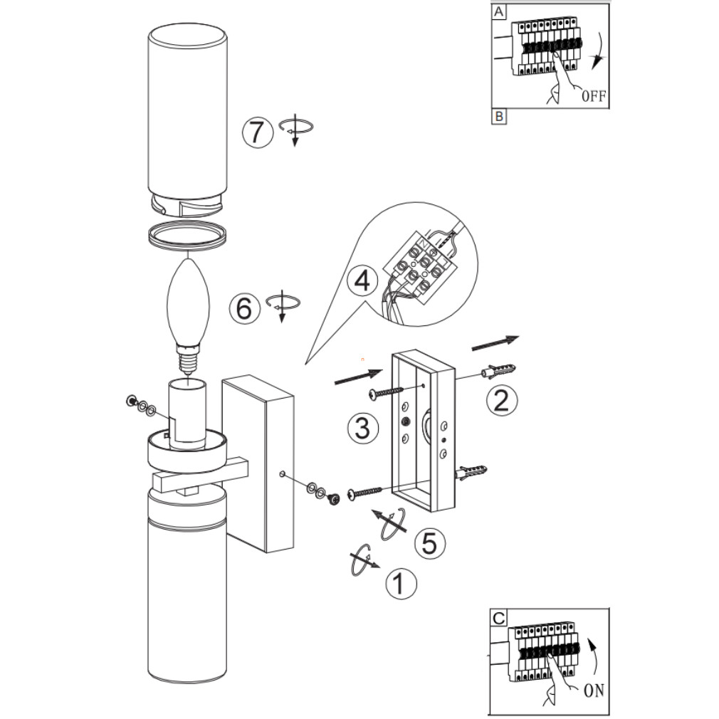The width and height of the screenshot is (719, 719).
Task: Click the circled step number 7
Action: coord(258,132)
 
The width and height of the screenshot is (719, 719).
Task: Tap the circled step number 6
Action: coord(244,308)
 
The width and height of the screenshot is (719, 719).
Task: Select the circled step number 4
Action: coord(363,280)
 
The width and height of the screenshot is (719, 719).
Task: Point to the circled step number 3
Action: coord(363,429)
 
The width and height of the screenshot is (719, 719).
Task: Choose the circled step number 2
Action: coord(502,400)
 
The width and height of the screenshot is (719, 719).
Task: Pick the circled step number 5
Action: coord(430,543)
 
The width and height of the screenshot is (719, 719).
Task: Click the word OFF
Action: coord(594,96)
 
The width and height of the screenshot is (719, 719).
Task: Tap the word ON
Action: coord(594,690)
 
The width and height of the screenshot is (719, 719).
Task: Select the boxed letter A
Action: coord(498,11)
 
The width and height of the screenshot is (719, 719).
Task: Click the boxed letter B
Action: coord(499,117)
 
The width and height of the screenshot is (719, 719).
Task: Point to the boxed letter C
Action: coord(498,618)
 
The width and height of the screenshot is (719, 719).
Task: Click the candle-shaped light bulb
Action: coord(189,316)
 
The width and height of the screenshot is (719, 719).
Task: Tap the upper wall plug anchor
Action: coord(498,371)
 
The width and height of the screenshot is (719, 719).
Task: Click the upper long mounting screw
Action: coord(386,392)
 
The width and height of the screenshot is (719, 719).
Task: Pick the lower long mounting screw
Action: coord(365,493)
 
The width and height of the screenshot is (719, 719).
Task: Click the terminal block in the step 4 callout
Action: coord(417,268)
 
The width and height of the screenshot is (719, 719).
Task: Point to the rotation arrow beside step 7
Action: coord(295,128)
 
